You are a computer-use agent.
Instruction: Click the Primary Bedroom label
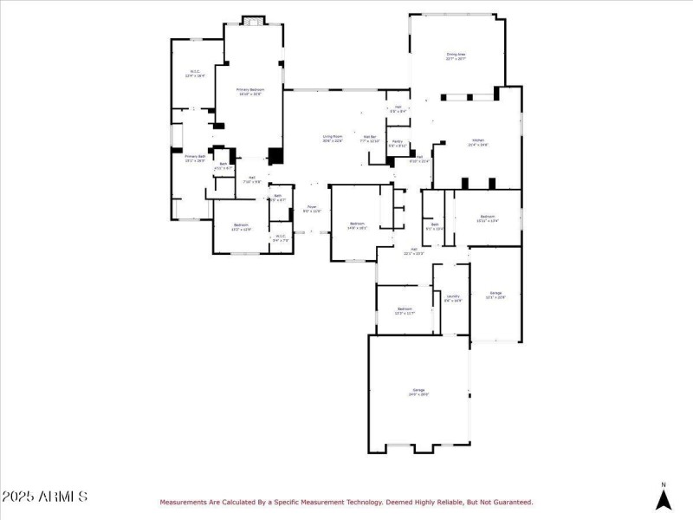tap(250, 91)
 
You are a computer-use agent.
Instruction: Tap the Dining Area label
tap(457, 56)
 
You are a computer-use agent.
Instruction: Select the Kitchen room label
tap(478, 142)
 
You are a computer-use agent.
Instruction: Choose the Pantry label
tap(397, 143)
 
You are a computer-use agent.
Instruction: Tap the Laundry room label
tap(453, 298)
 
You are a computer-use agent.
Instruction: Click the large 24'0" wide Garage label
tap(419, 393)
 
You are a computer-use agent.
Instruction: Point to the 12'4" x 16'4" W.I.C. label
tap(194, 75)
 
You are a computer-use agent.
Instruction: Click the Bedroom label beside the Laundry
tap(405, 310)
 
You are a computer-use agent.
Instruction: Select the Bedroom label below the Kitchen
tap(488, 218)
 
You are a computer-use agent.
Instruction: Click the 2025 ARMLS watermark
tap(44, 497)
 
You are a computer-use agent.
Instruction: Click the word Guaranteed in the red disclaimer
tap(510, 502)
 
